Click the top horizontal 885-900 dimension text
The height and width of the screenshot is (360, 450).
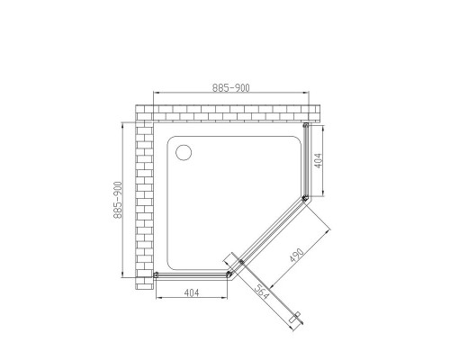pyautogui.click(x=230, y=87)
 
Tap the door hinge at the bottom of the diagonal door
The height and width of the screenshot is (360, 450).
pyautogui.click(x=240, y=263)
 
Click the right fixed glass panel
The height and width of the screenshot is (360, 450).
pyautogui.click(x=308, y=162)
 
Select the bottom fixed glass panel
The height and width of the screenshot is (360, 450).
pyautogui.click(x=193, y=274)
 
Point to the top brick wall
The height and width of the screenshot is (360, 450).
pyautogui.click(x=225, y=112)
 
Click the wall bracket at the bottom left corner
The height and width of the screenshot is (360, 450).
pyautogui.click(x=157, y=274)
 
